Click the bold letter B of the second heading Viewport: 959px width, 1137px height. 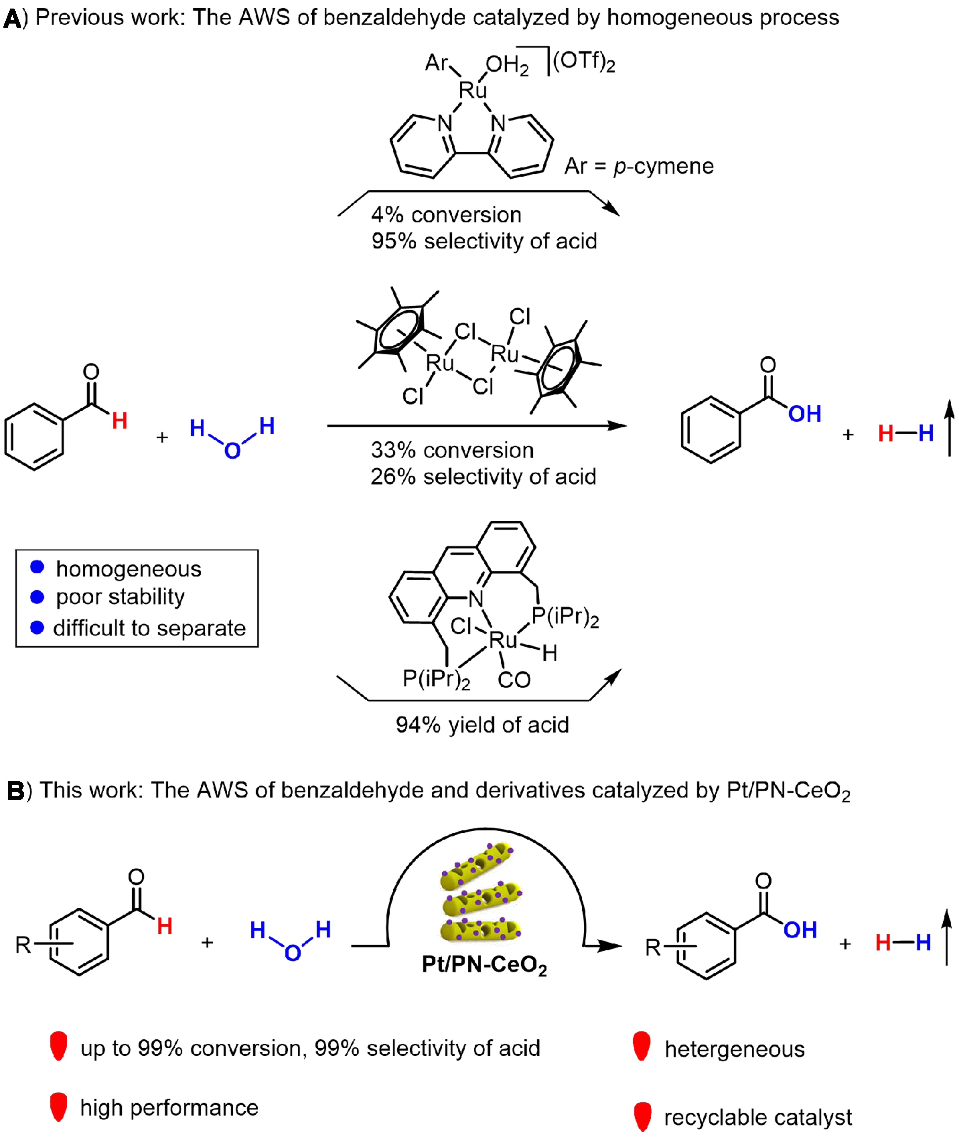click(15, 791)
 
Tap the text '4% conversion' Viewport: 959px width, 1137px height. click(446, 215)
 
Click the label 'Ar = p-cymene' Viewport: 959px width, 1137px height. click(639, 166)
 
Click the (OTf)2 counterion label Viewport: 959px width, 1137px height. click(583, 61)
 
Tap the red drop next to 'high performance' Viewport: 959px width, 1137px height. click(58, 1107)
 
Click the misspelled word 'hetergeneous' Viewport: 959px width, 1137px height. click(734, 1049)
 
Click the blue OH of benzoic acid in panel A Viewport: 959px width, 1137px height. click(805, 414)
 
